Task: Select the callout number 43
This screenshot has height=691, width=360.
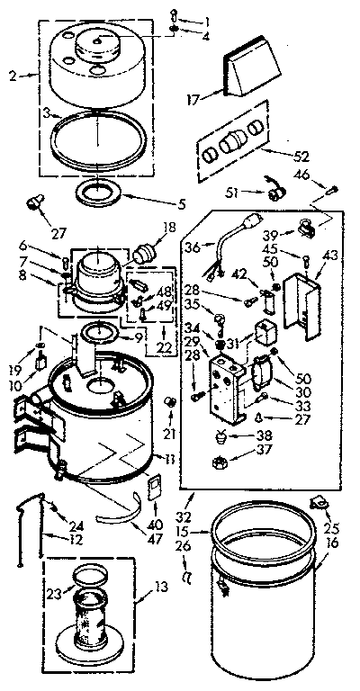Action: (332, 256)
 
